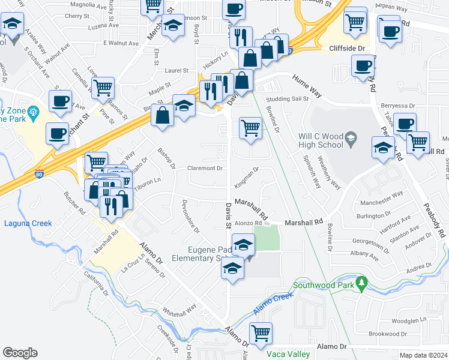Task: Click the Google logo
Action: [20, 353]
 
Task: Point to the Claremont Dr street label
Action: [205, 169]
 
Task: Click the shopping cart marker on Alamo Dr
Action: [260, 334]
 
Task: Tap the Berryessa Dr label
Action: [397, 105]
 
